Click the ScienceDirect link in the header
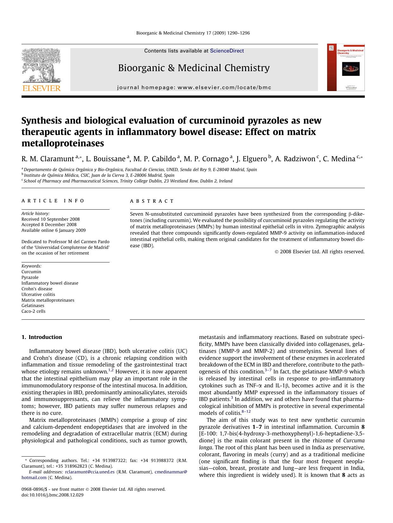(227, 51)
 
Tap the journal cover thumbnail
(346, 68)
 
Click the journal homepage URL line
(194, 88)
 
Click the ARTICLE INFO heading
(53, 201)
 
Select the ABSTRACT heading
(152, 201)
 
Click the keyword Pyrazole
(30, 277)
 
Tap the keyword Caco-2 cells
(33, 311)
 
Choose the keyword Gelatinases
(33, 305)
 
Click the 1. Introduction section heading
(42, 337)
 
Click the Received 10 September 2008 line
(50, 219)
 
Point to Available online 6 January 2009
(54, 230)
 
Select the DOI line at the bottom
(52, 495)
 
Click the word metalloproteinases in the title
(63, 143)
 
